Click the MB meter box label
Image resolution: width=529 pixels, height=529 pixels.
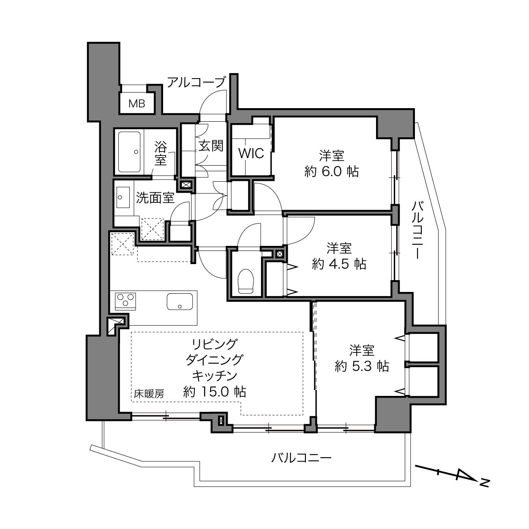pyautogui.click(x=137, y=104)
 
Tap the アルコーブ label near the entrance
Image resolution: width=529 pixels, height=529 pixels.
pyautogui.click(x=196, y=82)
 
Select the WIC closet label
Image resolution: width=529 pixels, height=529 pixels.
pyautogui.click(x=251, y=153)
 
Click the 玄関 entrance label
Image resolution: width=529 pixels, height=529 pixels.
pyautogui.click(x=211, y=146)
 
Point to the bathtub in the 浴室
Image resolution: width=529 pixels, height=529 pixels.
pyautogui.click(x=129, y=152)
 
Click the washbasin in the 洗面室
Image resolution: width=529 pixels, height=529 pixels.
pyautogui.click(x=123, y=197)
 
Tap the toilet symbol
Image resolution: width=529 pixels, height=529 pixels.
pyautogui.click(x=245, y=281)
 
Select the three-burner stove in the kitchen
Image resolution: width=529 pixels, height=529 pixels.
pyautogui.click(x=126, y=301)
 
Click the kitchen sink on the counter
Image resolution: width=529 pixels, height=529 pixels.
pyautogui.click(x=180, y=301)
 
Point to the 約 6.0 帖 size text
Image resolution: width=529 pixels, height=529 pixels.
pyautogui.click(x=331, y=172)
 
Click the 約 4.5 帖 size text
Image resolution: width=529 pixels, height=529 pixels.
pyautogui.click(x=339, y=264)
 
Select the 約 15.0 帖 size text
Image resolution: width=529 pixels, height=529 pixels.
pyautogui.click(x=214, y=392)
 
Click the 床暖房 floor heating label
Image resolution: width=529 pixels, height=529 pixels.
pyautogui.click(x=149, y=394)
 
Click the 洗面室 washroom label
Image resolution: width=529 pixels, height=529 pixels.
pyautogui.click(x=155, y=198)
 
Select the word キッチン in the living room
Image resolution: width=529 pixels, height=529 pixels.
pyautogui.click(x=214, y=376)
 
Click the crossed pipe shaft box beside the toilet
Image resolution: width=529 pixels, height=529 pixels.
pyautogui.click(x=279, y=254)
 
